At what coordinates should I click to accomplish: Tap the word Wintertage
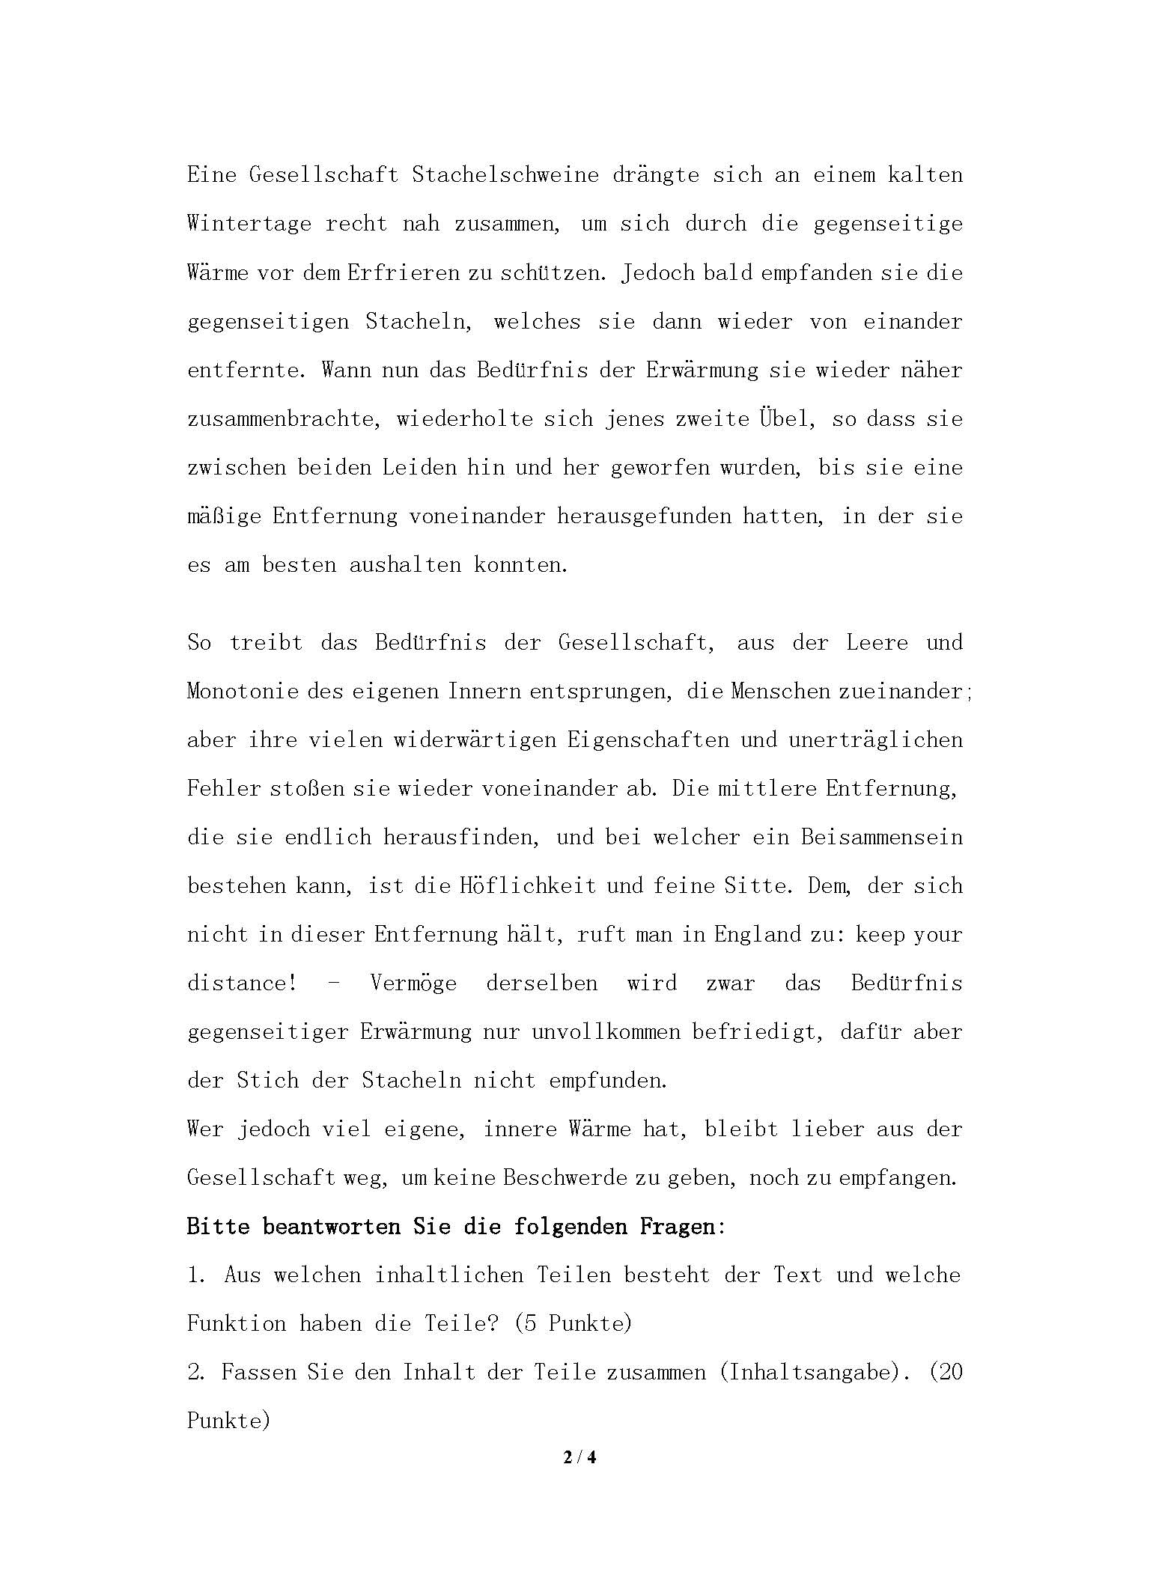tap(249, 224)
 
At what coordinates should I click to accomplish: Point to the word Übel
tap(785, 418)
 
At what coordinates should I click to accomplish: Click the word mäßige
tap(224, 516)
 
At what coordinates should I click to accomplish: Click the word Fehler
tap(224, 788)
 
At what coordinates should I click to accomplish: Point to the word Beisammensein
tap(881, 837)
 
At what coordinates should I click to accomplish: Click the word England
tap(758, 934)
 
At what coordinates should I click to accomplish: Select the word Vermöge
tap(413, 983)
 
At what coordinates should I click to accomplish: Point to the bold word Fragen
tap(678, 1227)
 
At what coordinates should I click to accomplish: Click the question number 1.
tap(195, 1275)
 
